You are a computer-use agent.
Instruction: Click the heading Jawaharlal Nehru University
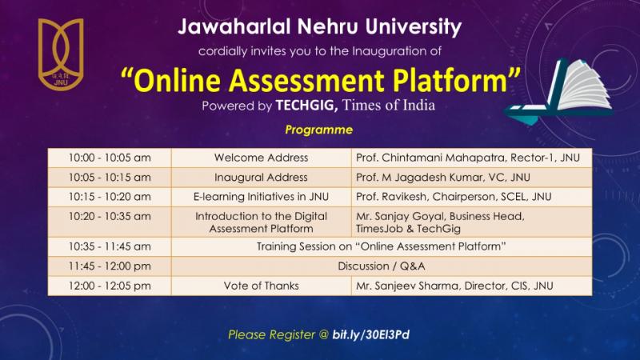pyautogui.click(x=320, y=27)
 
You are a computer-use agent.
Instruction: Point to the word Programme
pyautogui.click(x=319, y=129)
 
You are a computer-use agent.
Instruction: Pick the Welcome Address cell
pyautogui.click(x=261, y=158)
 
